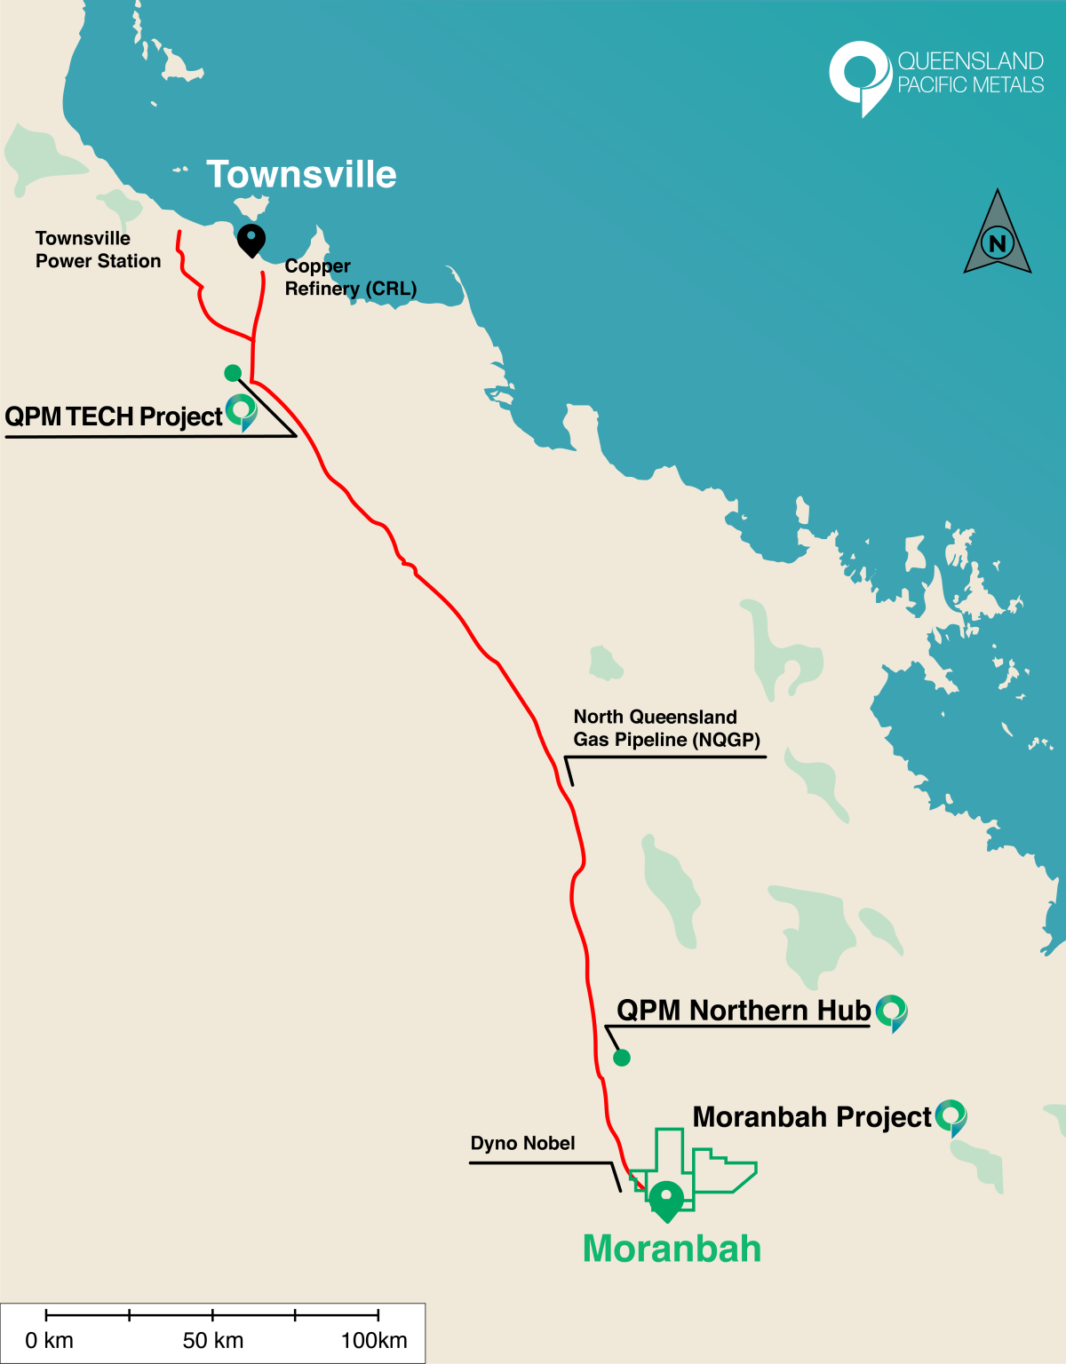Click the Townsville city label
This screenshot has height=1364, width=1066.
(x=301, y=175)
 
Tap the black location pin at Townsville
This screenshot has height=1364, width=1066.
(x=251, y=239)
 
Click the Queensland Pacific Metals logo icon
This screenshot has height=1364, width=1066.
(x=859, y=76)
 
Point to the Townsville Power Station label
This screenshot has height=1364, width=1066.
(x=98, y=250)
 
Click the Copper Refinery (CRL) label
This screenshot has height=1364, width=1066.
(x=350, y=277)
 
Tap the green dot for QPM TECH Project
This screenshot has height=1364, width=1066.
(x=233, y=373)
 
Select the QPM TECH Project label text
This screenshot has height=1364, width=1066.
(x=114, y=416)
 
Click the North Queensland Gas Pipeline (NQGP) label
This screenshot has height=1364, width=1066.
(x=666, y=728)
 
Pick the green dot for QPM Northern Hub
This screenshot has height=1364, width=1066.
(x=622, y=1058)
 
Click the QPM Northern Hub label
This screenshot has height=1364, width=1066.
(x=744, y=1011)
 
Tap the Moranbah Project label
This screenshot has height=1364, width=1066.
(x=811, y=1117)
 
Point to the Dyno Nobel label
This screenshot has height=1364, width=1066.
(x=522, y=1143)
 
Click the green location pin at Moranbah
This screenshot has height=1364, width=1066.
(x=666, y=1200)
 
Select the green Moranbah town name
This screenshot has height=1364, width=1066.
(x=672, y=1249)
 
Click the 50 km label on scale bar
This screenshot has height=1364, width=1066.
(x=213, y=1340)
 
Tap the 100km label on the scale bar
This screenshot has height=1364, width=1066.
(x=374, y=1340)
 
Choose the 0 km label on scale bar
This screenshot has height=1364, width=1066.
(x=49, y=1340)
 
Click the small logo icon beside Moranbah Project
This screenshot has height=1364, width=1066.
(x=951, y=1117)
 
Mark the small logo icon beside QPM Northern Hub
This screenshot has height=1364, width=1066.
(x=892, y=1012)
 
